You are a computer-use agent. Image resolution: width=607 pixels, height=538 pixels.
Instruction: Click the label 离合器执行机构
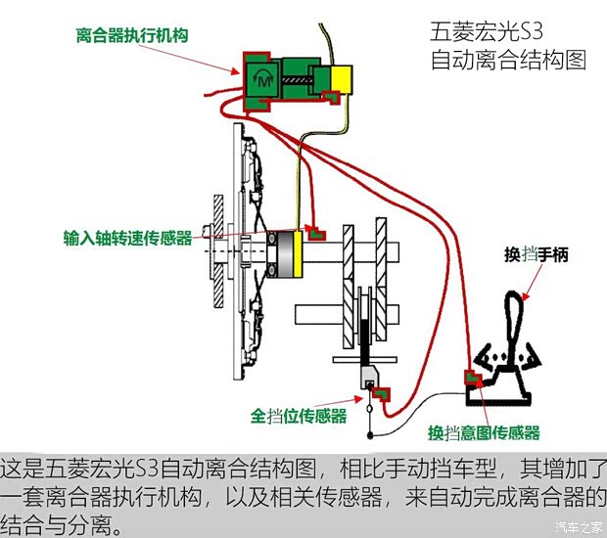[131, 36]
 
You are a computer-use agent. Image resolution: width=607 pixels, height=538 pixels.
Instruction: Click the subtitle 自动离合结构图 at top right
[508, 59]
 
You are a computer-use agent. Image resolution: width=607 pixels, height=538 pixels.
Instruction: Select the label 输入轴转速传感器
[127, 238]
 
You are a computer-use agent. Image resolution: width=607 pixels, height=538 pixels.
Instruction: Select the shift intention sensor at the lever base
[474, 380]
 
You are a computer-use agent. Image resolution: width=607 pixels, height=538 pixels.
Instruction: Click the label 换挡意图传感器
[484, 431]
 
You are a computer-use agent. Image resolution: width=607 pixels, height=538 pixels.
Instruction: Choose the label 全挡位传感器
[299, 416]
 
